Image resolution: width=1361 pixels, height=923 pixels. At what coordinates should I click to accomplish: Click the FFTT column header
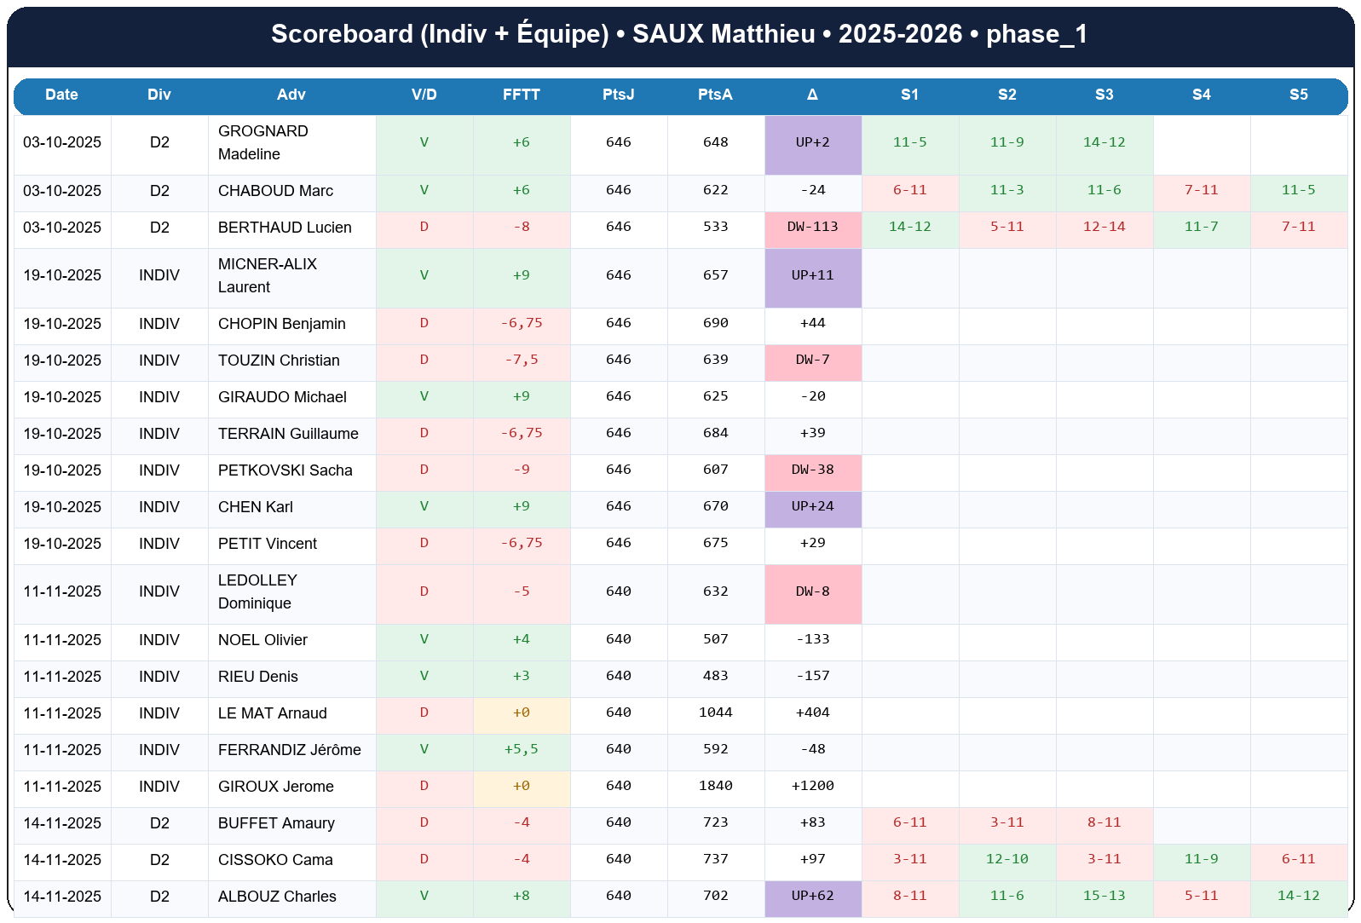(521, 95)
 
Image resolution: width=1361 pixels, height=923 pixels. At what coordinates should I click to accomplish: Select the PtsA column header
(715, 95)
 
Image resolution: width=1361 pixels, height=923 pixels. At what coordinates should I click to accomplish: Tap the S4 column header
(1201, 95)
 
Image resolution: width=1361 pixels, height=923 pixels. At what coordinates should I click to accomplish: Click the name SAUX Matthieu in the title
(724, 34)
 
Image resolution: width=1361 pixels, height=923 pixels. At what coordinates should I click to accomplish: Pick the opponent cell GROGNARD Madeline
(263, 142)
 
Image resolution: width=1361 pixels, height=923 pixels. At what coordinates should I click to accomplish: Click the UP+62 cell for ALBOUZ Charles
(812, 896)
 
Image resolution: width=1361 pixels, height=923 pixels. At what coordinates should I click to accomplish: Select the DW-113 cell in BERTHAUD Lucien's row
(812, 227)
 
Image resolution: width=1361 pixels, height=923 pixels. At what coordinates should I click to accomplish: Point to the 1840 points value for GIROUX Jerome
(715, 786)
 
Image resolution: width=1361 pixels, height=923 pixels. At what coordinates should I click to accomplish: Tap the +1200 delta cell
(812, 786)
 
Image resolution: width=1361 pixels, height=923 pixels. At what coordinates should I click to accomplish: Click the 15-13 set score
(1104, 896)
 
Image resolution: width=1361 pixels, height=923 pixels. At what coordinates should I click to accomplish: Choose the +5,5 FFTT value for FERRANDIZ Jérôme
(521, 749)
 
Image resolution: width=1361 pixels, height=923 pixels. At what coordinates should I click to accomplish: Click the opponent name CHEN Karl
(256, 507)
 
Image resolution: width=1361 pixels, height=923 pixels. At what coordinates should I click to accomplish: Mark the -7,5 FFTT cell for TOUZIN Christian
(521, 360)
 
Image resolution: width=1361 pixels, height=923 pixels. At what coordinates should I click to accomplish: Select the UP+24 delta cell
(812, 506)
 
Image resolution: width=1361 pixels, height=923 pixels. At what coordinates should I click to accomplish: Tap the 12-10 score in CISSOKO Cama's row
(1006, 859)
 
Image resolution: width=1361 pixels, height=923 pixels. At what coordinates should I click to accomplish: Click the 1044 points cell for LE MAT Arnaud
(715, 712)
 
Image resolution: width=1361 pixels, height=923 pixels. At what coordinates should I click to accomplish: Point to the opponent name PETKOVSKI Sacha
(285, 470)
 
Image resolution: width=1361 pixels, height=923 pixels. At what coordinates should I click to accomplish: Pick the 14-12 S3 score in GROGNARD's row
(1104, 142)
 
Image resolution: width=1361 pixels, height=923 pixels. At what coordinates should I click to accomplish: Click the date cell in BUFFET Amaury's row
(62, 823)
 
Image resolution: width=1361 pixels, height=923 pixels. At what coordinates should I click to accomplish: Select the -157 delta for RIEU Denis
(812, 676)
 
